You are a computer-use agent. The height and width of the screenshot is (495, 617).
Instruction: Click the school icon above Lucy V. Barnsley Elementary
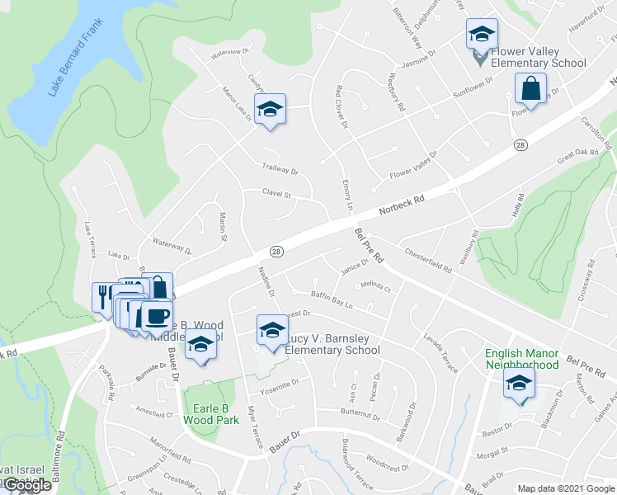(270, 331)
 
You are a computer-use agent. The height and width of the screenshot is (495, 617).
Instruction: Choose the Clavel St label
(277, 195)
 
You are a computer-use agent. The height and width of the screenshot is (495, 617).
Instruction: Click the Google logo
(28, 485)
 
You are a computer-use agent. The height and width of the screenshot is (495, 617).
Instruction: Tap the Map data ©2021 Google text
(565, 488)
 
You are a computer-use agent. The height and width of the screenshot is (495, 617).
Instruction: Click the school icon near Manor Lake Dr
(269, 109)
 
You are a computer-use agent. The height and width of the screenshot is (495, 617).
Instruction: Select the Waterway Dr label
(172, 245)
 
